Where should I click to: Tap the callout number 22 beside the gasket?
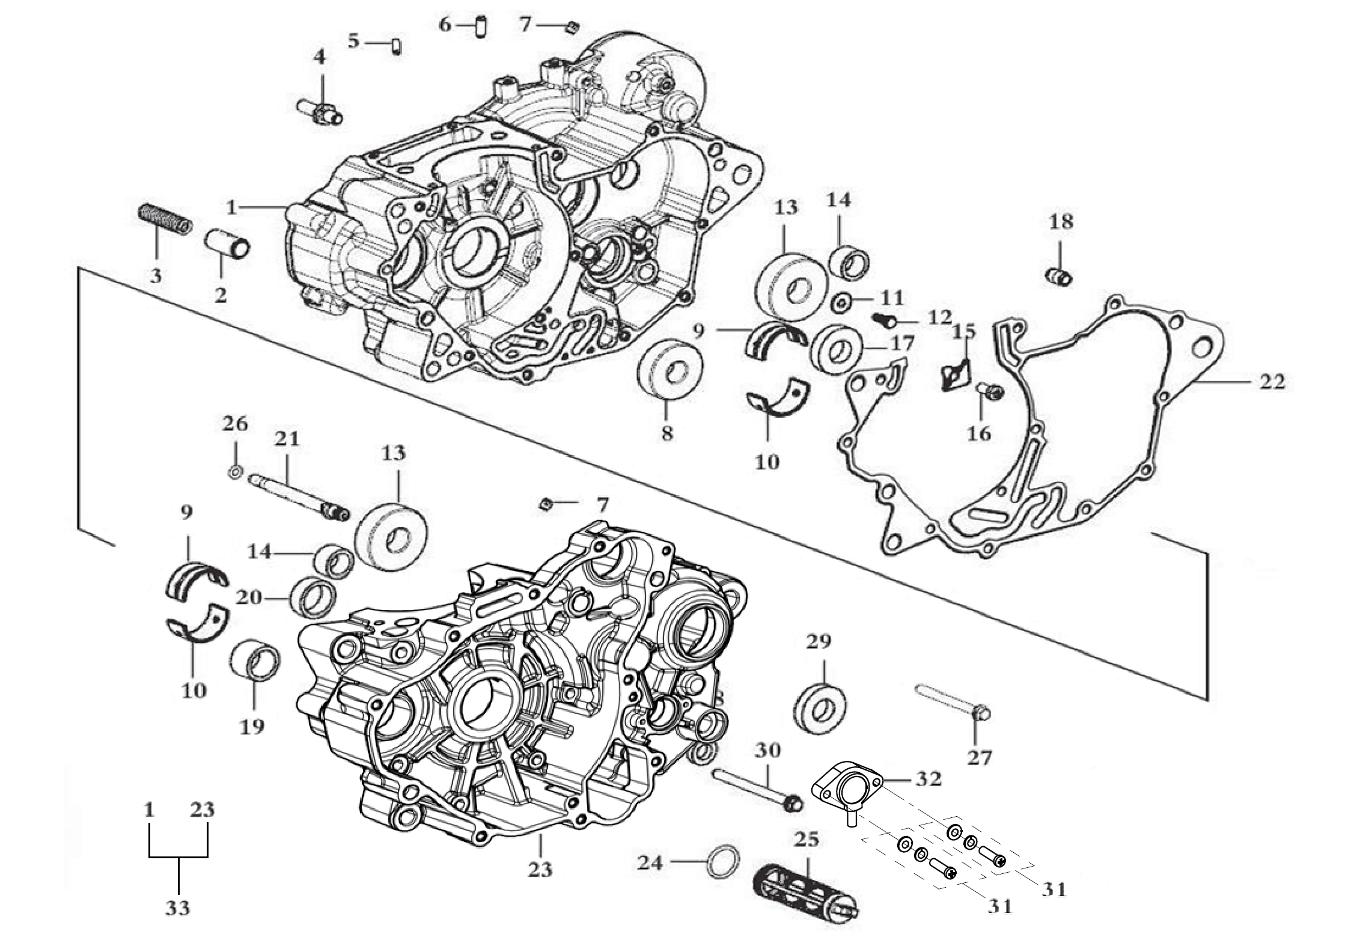(1272, 382)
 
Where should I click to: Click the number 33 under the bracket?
(177, 909)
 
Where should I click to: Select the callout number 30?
(767, 751)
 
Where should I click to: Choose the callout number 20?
(248, 599)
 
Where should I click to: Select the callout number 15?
(964, 332)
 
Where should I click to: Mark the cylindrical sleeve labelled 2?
(228, 244)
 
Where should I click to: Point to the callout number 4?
(319, 57)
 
